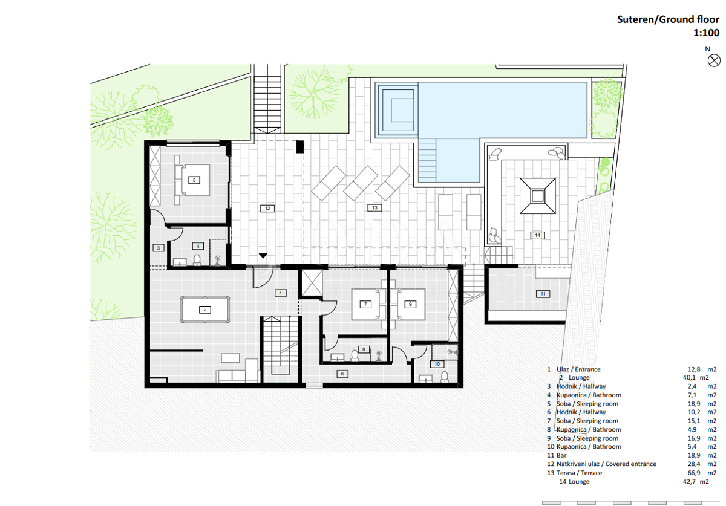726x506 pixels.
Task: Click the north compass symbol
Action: [x=714, y=60]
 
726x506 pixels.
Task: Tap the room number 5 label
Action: [x=194, y=180]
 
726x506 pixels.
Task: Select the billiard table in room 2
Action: [x=205, y=310]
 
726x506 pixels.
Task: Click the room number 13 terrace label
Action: [x=374, y=207]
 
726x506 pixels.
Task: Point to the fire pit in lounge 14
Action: [x=537, y=196]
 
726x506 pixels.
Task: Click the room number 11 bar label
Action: [x=543, y=294]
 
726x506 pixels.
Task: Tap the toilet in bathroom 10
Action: [x=444, y=377]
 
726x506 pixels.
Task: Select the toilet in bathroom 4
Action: [x=197, y=259]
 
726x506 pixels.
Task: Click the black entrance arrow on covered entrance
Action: [x=263, y=256]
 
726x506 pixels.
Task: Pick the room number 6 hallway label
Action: [x=342, y=374]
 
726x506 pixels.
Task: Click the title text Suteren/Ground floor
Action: [x=668, y=19]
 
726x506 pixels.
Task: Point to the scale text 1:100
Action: [x=706, y=33]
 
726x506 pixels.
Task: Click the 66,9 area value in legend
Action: [x=694, y=473]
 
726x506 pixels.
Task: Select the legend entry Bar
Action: [x=561, y=455]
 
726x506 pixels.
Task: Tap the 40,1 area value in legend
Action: [x=689, y=377]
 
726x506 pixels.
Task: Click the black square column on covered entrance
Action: [x=300, y=147]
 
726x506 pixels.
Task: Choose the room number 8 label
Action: [x=364, y=349]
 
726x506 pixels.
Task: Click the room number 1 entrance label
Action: [x=280, y=293]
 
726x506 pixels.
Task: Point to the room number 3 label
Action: [x=158, y=248]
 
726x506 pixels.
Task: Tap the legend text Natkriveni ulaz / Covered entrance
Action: [x=606, y=464]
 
